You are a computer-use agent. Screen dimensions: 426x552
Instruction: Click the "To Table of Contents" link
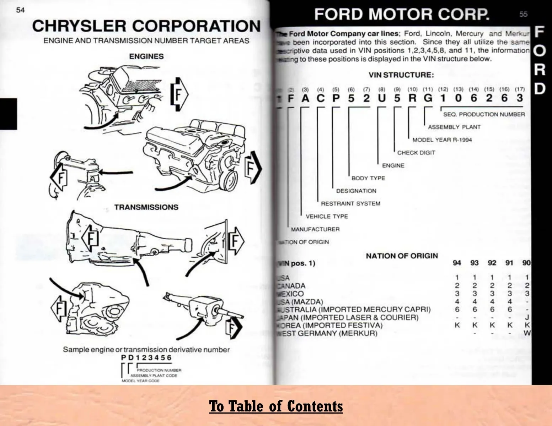(x=276, y=406)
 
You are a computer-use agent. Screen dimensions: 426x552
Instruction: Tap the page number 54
(x=20, y=10)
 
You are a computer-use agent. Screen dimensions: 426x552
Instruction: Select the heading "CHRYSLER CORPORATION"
(x=146, y=26)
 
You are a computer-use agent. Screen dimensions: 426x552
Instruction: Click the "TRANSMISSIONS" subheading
(x=146, y=207)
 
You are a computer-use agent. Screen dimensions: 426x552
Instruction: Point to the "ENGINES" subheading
(x=146, y=56)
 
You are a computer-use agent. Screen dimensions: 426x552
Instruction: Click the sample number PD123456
(x=146, y=357)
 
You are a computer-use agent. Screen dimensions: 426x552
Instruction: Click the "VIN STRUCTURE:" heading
(x=401, y=75)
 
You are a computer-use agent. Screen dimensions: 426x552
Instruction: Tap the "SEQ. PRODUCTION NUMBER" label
(x=484, y=114)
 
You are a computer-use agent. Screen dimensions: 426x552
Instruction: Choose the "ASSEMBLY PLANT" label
(x=454, y=127)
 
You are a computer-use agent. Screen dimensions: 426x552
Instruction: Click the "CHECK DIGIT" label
(x=416, y=153)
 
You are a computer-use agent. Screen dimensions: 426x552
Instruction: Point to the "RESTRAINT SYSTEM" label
(x=350, y=204)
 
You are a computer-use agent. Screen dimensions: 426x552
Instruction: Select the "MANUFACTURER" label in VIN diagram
(x=315, y=229)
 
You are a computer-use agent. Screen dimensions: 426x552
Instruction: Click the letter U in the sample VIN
(x=381, y=98)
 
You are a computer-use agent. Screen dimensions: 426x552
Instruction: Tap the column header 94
(x=457, y=263)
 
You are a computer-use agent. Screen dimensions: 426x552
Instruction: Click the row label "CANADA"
(x=291, y=286)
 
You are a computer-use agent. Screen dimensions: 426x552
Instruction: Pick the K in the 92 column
(x=492, y=325)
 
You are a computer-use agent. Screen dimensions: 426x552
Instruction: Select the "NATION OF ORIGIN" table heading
(x=402, y=256)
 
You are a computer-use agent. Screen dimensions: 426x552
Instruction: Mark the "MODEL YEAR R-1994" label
(x=442, y=140)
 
